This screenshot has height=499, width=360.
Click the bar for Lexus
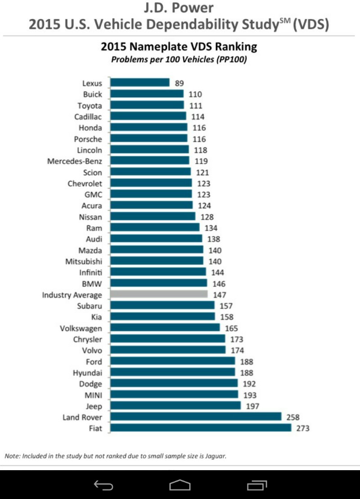(x=140, y=83)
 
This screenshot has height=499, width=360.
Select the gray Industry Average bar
(x=159, y=295)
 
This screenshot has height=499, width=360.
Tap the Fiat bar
(x=201, y=428)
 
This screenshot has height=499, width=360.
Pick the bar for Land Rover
(x=196, y=417)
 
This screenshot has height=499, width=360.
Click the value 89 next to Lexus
(x=180, y=83)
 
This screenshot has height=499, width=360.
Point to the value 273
(x=302, y=428)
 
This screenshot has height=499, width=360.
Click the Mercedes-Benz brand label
(x=75, y=161)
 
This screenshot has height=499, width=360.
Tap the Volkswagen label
(x=81, y=328)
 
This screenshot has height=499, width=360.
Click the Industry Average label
(x=72, y=295)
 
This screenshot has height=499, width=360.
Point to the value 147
(x=219, y=295)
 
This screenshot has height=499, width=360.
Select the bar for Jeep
(x=175, y=406)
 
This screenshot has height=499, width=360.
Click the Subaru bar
(x=162, y=306)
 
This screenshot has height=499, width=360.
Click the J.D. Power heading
(x=179, y=8)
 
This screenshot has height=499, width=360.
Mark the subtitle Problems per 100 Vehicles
(x=179, y=59)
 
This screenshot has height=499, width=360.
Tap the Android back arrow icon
(x=103, y=485)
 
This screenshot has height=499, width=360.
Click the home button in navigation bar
(x=180, y=485)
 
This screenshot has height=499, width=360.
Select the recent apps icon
(x=257, y=485)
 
